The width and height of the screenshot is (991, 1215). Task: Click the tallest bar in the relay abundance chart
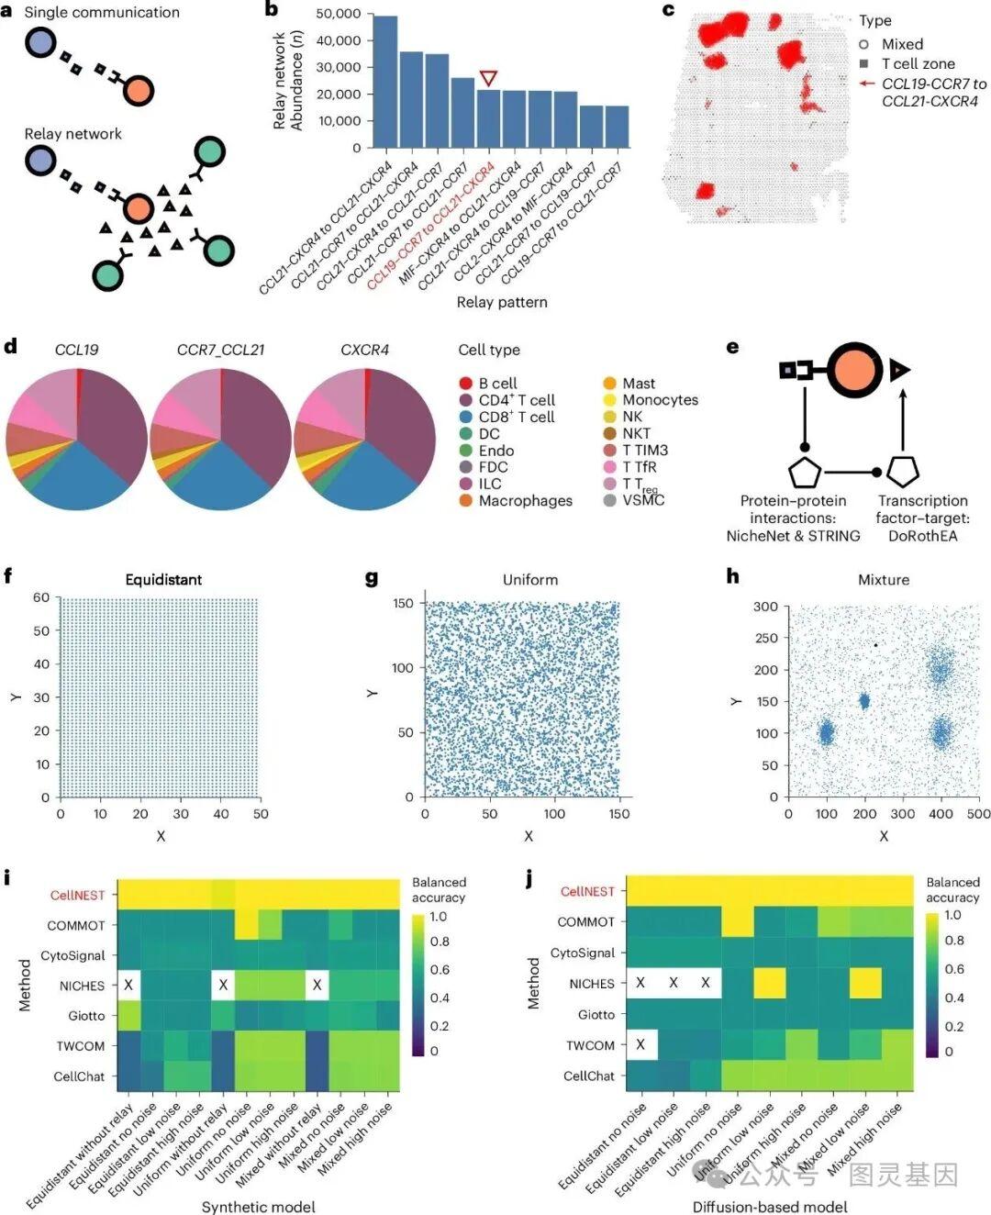tap(385, 82)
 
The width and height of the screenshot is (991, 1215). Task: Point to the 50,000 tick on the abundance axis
tap(338, 14)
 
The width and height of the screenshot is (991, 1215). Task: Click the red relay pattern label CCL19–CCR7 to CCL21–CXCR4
tap(431, 226)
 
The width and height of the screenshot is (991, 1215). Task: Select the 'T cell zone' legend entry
tap(918, 63)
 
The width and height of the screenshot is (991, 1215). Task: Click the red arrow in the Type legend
tap(867, 84)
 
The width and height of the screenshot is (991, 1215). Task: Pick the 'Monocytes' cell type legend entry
tap(660, 400)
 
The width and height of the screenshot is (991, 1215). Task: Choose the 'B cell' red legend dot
tap(466, 383)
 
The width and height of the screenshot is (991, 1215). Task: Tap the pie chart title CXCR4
tap(364, 350)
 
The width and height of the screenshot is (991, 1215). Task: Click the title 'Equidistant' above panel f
tap(163, 579)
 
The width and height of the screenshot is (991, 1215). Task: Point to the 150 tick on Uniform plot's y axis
tap(404, 603)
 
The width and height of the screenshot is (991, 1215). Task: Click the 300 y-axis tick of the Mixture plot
tap(765, 607)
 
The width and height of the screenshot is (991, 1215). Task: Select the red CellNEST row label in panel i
tap(77, 895)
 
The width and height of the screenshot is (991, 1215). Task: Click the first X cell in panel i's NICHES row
tap(128, 985)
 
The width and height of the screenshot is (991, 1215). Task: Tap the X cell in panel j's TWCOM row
tap(640, 1044)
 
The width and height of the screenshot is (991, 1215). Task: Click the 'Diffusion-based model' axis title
tap(770, 1206)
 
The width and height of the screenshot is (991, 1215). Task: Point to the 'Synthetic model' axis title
tap(258, 1206)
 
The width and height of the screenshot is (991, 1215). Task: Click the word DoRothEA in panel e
tap(922, 536)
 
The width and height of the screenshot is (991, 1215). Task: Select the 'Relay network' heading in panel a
tap(72, 134)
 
